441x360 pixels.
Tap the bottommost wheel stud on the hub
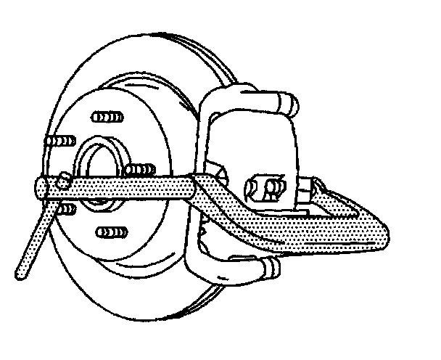pyautogui.click(x=107, y=234)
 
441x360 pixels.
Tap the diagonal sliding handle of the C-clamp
pyautogui.click(x=33, y=240)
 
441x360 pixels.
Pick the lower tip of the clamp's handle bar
pyautogui.click(x=20, y=274)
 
